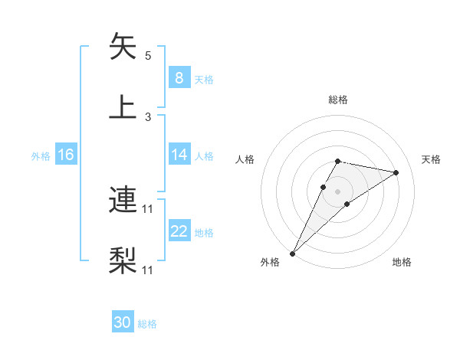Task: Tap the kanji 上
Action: (x=123, y=106)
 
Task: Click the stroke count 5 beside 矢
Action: (x=148, y=56)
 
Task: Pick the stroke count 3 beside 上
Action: (x=148, y=116)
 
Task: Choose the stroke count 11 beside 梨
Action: (x=149, y=270)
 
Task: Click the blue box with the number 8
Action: (x=179, y=78)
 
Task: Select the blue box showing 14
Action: (x=179, y=155)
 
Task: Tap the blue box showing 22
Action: (x=179, y=231)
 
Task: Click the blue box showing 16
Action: (x=65, y=155)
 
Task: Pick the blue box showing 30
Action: (x=122, y=322)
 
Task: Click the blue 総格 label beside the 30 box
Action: (x=148, y=324)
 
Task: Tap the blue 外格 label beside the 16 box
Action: (x=41, y=155)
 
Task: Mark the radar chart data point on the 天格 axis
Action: (x=396, y=172)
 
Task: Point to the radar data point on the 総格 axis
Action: (x=337, y=161)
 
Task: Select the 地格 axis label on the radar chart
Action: (x=402, y=262)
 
